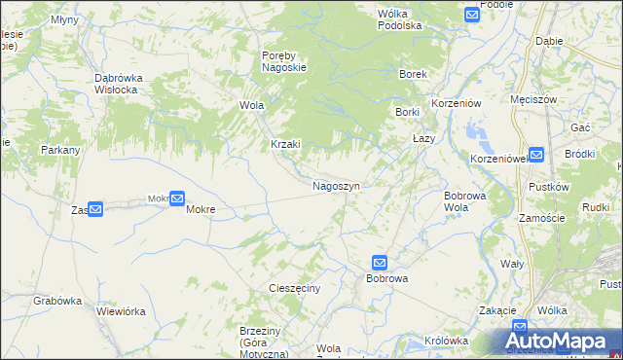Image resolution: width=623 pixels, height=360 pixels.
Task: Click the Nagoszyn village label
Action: pyautogui.click(x=337, y=185)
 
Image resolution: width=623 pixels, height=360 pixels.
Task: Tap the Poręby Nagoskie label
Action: pyautogui.click(x=284, y=61)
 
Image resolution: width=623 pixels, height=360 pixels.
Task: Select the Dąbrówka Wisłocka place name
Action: pyautogui.click(x=116, y=84)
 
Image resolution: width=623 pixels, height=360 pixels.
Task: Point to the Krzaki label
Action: pyautogui.click(x=286, y=144)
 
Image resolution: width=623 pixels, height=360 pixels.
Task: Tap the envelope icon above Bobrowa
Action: pyautogui.click(x=380, y=263)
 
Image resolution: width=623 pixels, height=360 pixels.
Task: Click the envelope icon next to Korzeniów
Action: pyautogui.click(x=536, y=154)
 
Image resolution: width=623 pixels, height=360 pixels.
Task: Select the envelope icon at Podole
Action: pyautogui.click(x=472, y=15)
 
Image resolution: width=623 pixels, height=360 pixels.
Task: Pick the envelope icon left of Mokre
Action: pyautogui.click(x=176, y=198)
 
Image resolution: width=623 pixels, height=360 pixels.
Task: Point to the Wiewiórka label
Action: pyautogui.click(x=121, y=312)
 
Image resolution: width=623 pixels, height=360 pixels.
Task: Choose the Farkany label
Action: pyautogui.click(x=59, y=151)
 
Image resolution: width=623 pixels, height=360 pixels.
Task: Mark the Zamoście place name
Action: pyautogui.click(x=542, y=219)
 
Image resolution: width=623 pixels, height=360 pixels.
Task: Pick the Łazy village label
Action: pyautogui.click(x=423, y=138)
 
